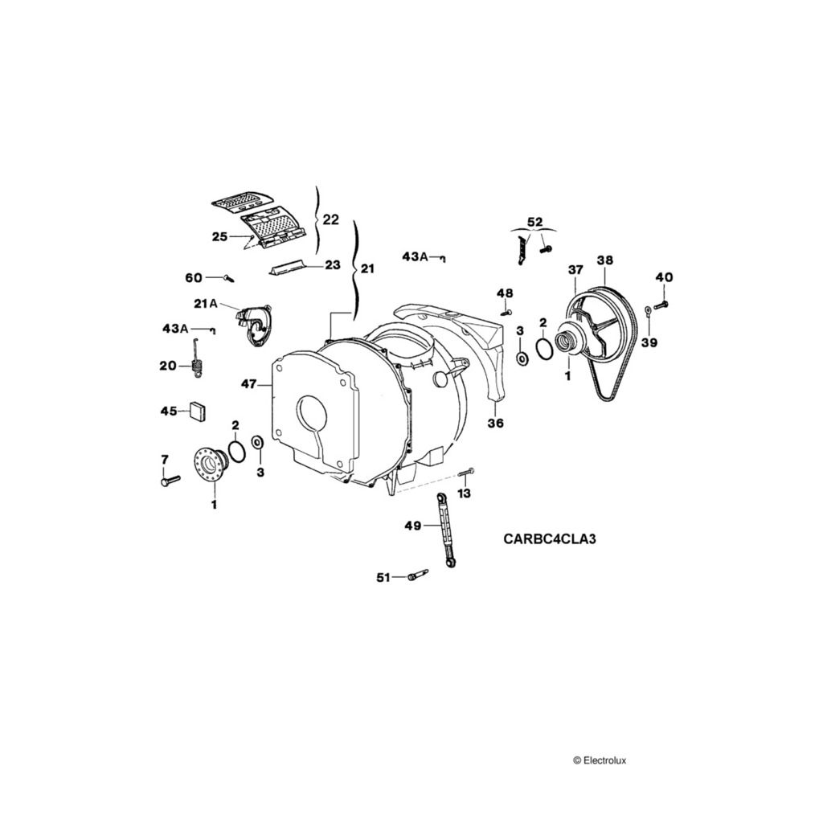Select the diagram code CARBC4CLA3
pyautogui.click(x=550, y=539)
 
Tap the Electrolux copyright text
pyautogui.click(x=604, y=759)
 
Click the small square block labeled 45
pyautogui.click(x=198, y=411)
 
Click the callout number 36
pyautogui.click(x=496, y=424)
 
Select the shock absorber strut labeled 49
pyautogui.click(x=444, y=531)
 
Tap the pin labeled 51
pyautogui.click(x=417, y=575)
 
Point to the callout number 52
pyautogui.click(x=534, y=222)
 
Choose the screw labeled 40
pyautogui.click(x=661, y=305)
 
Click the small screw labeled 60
pyautogui.click(x=229, y=278)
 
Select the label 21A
pyautogui.click(x=206, y=303)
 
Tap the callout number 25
pyautogui.click(x=220, y=236)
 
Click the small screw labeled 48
pyautogui.click(x=505, y=312)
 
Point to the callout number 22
pyautogui.click(x=330, y=219)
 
